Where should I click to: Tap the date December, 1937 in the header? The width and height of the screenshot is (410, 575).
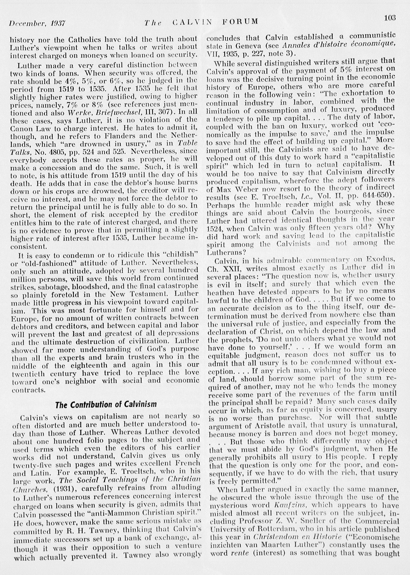pos(37,23)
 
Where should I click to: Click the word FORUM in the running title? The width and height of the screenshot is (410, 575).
pos(240,21)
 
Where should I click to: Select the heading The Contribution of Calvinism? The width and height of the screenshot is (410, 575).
pos(106,405)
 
